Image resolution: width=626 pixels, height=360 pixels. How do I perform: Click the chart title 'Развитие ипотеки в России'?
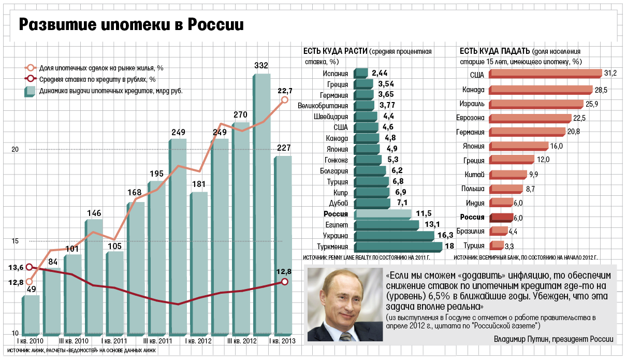(131, 24)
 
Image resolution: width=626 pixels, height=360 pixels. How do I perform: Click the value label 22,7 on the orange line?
(285, 91)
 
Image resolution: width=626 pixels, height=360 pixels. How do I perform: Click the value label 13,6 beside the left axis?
(16, 267)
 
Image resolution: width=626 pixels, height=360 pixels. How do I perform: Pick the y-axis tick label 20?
(15, 149)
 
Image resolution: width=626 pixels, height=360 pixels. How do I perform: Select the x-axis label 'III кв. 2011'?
(158, 341)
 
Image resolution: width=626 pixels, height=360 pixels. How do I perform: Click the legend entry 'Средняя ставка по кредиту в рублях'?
(97, 79)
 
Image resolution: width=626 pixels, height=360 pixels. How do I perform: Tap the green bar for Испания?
(361, 74)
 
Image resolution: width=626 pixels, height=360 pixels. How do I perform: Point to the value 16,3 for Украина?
(445, 236)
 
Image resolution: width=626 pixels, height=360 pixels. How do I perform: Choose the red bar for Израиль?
(535, 104)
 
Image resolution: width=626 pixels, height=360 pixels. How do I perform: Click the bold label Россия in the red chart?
(472, 217)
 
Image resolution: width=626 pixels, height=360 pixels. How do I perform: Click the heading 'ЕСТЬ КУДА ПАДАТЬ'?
(494, 51)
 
